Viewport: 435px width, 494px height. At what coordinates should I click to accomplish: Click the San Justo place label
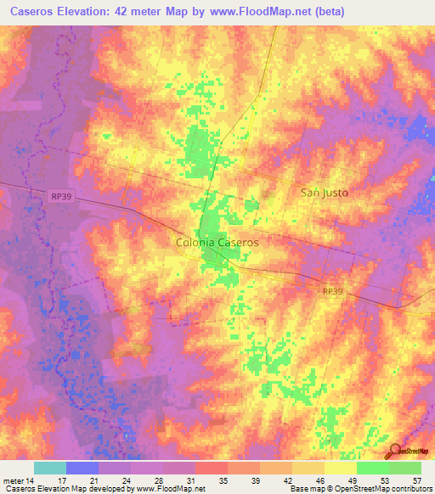pos(325,192)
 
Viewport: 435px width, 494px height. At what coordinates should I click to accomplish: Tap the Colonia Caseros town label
pos(217,242)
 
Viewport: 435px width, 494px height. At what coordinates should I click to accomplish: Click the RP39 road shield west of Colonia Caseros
pos(57,196)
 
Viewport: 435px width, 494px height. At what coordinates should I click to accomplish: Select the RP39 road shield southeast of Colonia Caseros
pos(333,290)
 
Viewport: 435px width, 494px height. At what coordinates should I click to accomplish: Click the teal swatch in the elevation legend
pos(50,468)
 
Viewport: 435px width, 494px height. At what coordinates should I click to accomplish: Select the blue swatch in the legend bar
pos(82,468)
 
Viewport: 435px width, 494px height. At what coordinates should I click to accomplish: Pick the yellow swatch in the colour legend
pos(341,468)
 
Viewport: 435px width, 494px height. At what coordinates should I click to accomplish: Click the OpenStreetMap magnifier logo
pos(393,451)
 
